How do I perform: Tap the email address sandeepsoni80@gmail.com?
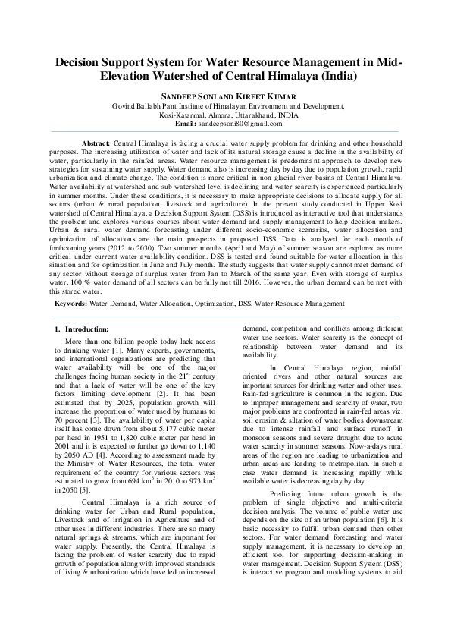(241, 123)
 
